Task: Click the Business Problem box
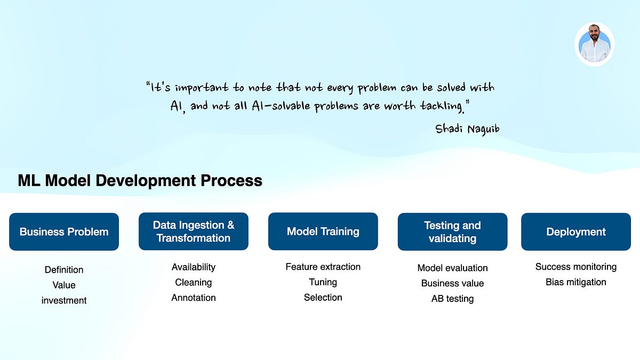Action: coord(64,231)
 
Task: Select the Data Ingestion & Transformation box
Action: coord(194,231)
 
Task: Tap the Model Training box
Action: coord(323,231)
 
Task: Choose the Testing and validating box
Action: coord(452,231)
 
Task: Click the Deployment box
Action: coord(576,231)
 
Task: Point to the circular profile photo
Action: coord(595,44)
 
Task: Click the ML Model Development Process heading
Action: coord(140,181)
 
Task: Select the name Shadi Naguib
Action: coord(467,129)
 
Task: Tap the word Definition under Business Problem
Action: coord(64,270)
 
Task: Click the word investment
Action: coord(64,300)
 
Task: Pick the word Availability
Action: coord(194,267)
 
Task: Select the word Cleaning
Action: coord(194,282)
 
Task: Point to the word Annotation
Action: coord(194,298)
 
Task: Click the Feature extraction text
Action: coord(323,267)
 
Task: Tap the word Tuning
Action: coord(323,282)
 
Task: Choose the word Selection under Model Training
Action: coord(323,297)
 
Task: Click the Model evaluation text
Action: coord(452,268)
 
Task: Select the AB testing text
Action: coord(452,299)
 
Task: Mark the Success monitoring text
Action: coord(576,267)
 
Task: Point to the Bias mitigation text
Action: coord(576,282)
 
